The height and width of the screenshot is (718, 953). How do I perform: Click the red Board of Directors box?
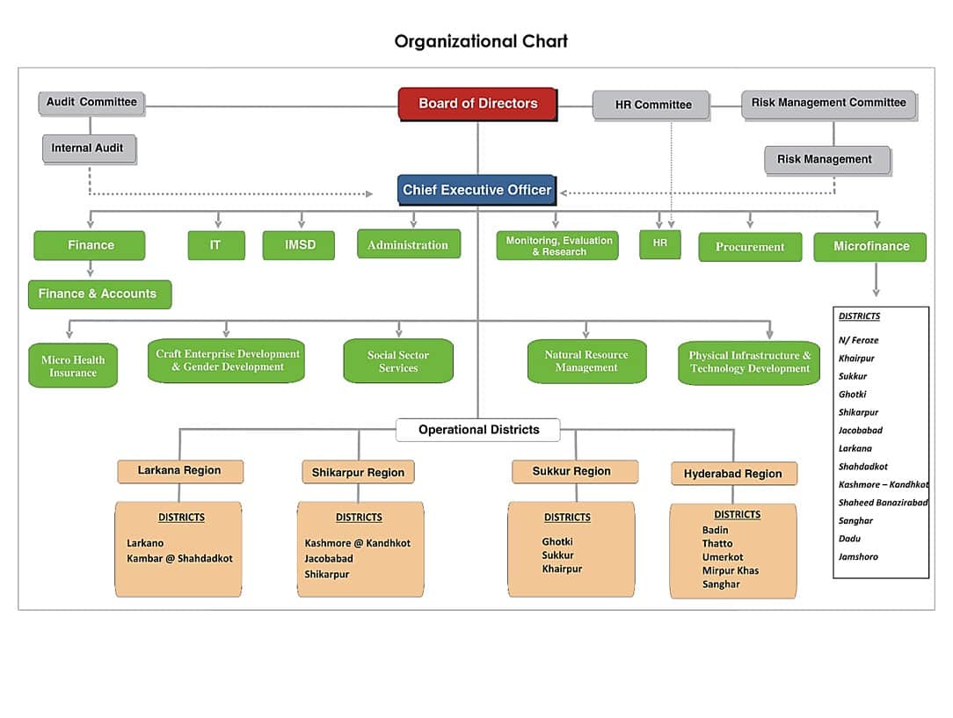(477, 104)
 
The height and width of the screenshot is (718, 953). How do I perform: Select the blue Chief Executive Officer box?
(476, 190)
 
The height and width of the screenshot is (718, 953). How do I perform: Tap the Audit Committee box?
(91, 102)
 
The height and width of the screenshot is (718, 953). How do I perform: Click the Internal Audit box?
(88, 148)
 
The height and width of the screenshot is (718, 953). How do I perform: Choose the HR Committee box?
(651, 105)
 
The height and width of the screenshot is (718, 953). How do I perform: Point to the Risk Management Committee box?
(827, 103)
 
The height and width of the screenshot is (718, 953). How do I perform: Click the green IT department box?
(215, 245)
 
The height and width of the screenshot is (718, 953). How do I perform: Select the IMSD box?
(299, 245)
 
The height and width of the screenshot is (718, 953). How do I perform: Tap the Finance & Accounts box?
(98, 294)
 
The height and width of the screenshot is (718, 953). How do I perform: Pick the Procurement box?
(750, 247)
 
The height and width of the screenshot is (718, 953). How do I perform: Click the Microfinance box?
(869, 246)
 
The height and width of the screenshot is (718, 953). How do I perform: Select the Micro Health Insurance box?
(73, 366)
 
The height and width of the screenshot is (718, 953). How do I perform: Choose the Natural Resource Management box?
(586, 361)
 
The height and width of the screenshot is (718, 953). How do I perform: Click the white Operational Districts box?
(478, 430)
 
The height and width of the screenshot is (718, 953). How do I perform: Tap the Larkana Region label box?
(179, 471)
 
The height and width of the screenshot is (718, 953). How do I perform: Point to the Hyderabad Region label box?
(732, 474)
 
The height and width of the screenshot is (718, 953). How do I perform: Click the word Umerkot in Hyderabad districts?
(723, 557)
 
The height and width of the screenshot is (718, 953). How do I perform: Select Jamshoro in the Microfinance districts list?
(858, 556)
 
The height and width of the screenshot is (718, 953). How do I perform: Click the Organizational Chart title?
(481, 41)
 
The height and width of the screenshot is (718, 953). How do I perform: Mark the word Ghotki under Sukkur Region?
(557, 541)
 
